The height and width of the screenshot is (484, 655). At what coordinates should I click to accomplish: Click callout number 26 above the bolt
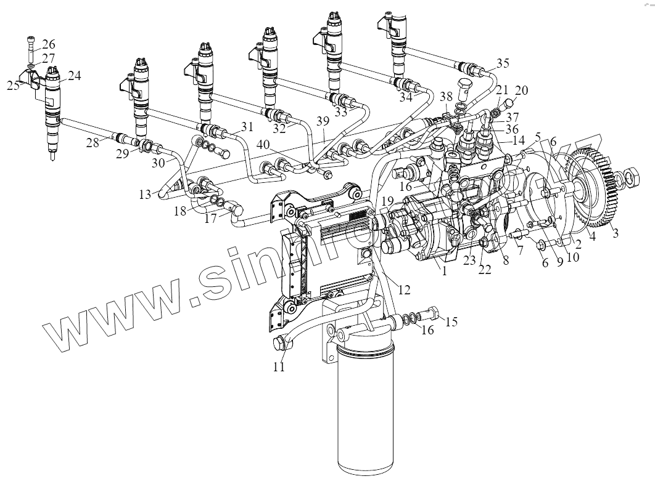click(x=48, y=44)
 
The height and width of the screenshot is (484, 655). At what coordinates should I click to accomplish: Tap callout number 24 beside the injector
click(x=74, y=76)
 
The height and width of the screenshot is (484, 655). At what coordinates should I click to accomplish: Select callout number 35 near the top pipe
click(x=503, y=63)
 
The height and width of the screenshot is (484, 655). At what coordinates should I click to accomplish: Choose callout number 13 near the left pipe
click(x=144, y=195)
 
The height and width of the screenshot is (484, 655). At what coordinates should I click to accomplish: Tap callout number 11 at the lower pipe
click(x=279, y=368)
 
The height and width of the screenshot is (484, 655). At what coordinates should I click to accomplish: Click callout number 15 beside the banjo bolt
click(x=451, y=321)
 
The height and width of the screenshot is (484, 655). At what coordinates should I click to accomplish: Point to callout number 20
click(x=522, y=90)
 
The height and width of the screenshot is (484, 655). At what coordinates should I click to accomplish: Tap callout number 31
click(x=247, y=127)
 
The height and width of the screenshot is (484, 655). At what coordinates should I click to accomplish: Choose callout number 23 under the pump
click(x=470, y=260)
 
